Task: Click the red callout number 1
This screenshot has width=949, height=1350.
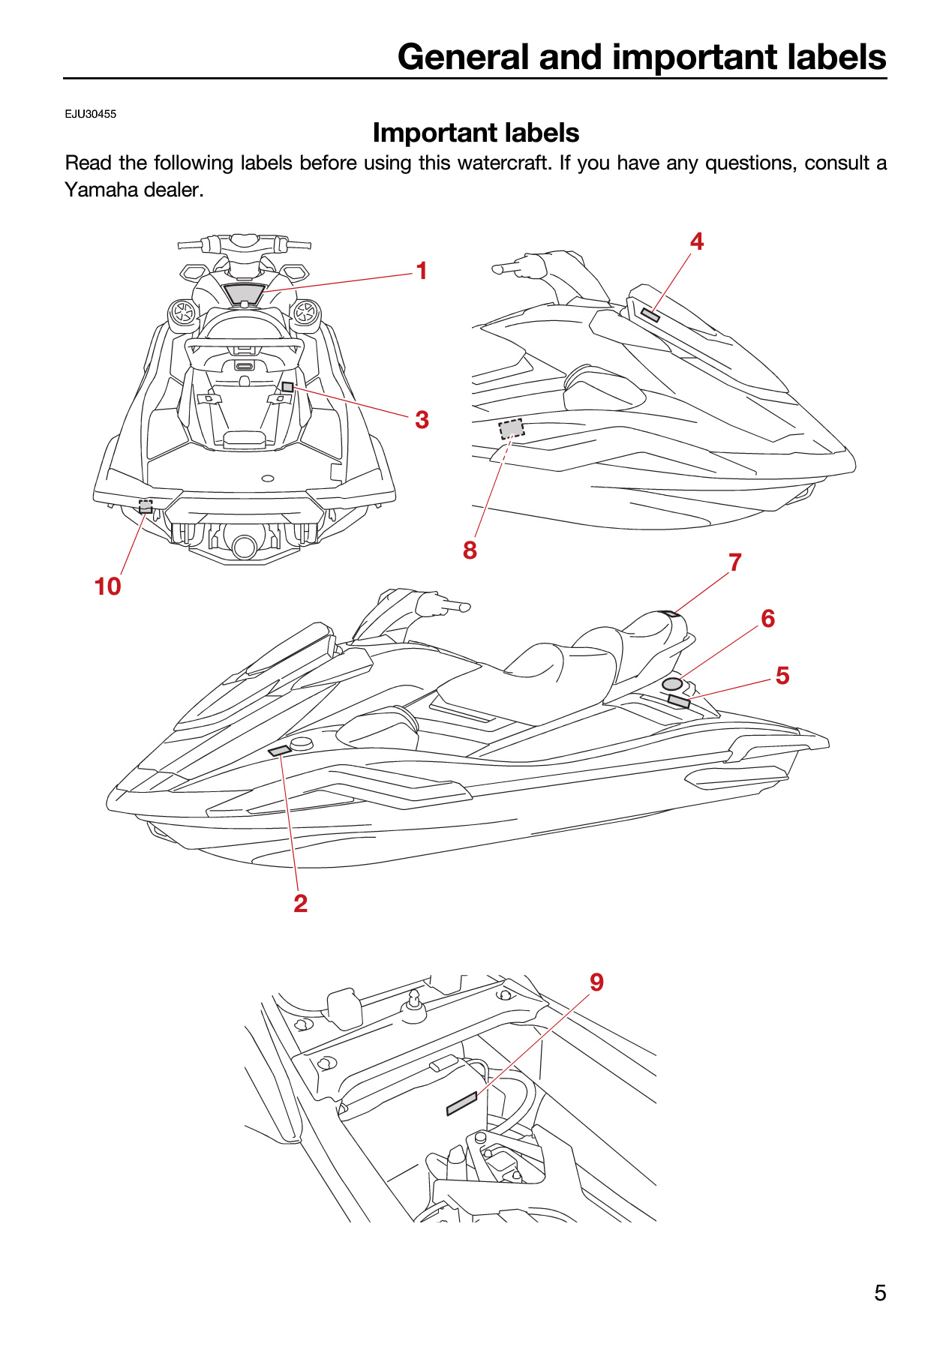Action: [422, 271]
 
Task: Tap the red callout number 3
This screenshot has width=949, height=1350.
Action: [422, 420]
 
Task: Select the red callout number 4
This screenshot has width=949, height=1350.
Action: [697, 241]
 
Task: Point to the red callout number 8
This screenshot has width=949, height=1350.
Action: [470, 550]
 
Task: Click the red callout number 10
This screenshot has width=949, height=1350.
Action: [107, 586]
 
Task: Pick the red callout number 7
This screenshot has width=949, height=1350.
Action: [735, 562]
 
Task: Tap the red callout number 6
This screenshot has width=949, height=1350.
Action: [767, 619]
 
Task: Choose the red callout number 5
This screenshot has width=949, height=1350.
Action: [782, 676]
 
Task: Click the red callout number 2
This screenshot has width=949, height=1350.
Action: [301, 904]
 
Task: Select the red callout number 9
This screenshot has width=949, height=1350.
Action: [596, 982]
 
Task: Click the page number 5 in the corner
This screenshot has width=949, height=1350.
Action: [880, 1293]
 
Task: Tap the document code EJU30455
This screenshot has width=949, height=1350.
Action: [90, 114]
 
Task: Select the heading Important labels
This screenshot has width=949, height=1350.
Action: [476, 133]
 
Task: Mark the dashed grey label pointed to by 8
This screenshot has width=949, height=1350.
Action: [512, 429]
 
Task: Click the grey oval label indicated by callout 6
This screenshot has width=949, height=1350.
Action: [672, 684]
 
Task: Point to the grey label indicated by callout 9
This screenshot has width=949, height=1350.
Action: [461, 1104]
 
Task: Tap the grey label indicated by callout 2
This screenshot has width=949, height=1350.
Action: [279, 751]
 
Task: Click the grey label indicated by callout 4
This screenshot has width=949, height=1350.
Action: [650, 315]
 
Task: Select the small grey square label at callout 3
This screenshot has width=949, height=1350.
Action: [287, 387]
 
